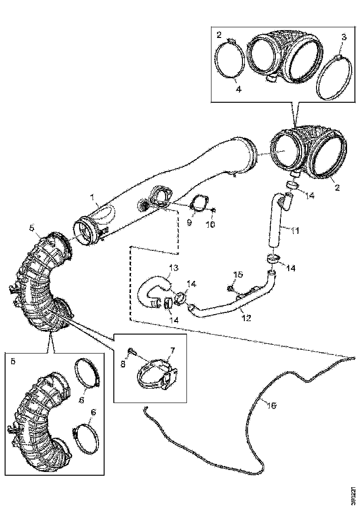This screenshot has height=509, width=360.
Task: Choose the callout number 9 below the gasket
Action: (x=189, y=222)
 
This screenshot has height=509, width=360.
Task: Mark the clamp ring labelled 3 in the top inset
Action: (x=334, y=79)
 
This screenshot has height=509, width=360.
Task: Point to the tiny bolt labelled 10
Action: (x=213, y=211)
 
